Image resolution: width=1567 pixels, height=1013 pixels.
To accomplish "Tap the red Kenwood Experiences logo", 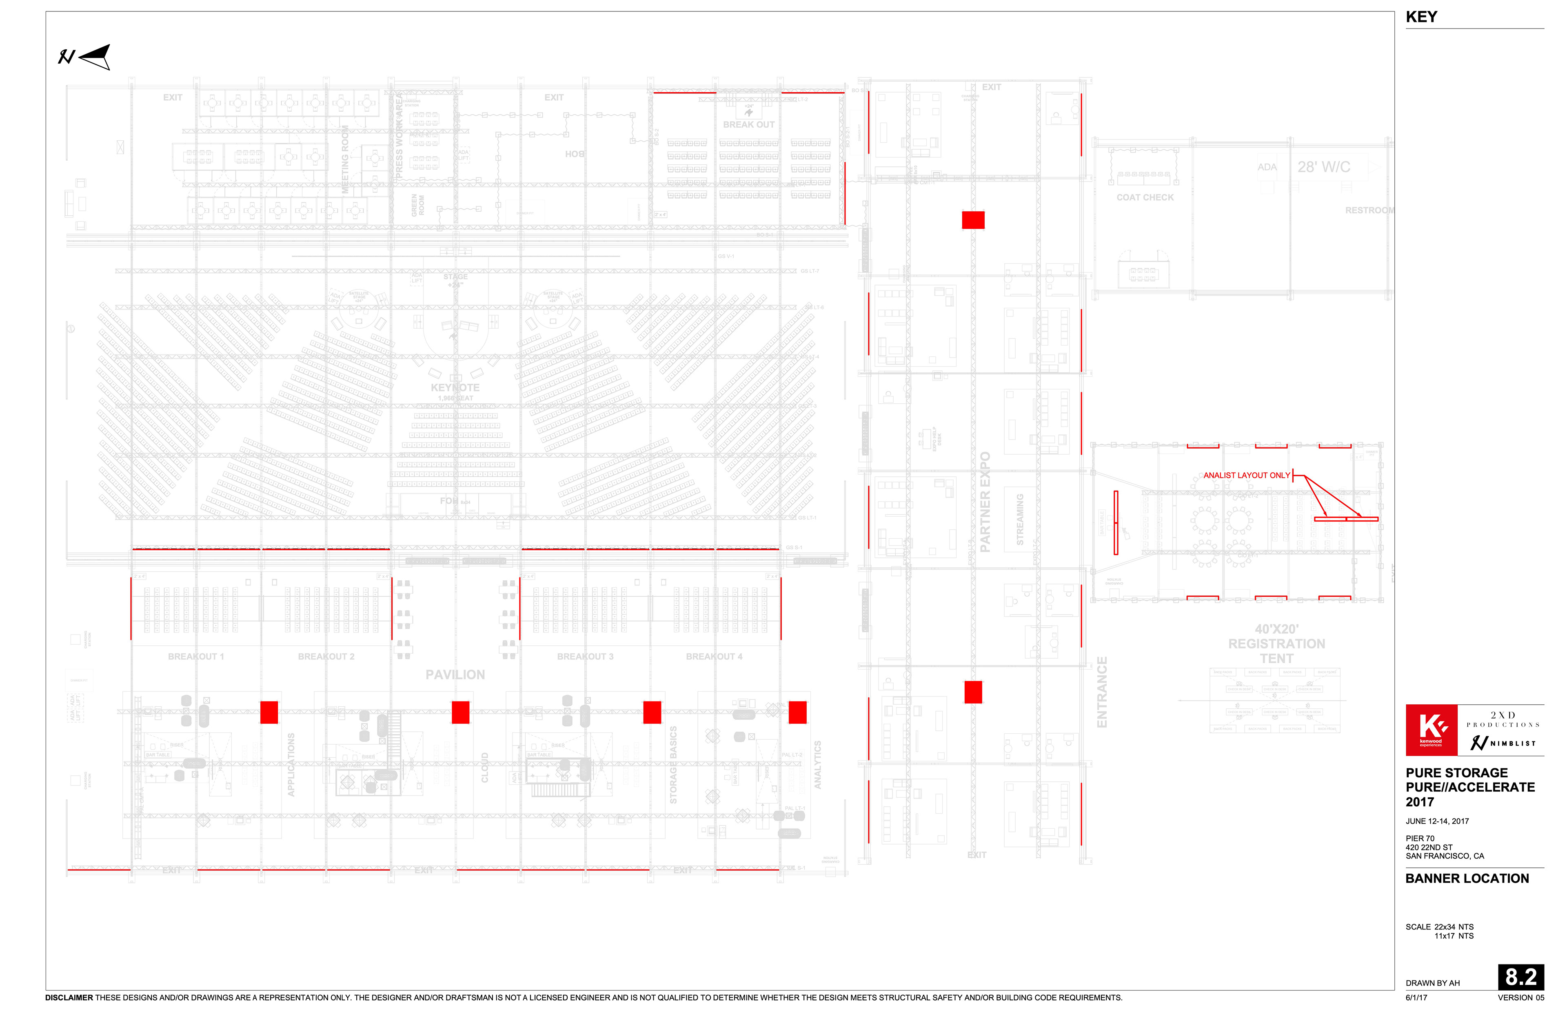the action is tap(1430, 730).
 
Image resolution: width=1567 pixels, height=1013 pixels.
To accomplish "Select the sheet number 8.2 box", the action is tap(1520, 977).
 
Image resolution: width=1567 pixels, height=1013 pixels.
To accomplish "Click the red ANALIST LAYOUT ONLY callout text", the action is tap(1246, 475).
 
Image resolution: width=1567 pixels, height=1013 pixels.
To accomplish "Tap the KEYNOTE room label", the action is tap(455, 388).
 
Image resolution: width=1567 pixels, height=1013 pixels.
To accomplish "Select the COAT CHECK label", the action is tap(1145, 197).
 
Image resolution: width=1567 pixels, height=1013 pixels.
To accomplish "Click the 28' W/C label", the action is tap(1323, 167).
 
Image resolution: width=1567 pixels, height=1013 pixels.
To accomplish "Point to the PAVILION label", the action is tap(455, 675).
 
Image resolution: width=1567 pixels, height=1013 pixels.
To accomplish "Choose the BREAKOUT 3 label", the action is tap(584, 657).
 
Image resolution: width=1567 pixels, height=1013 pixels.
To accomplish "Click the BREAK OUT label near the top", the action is tap(748, 124).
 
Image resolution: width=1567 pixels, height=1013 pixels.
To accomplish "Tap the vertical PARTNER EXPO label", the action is tap(985, 501).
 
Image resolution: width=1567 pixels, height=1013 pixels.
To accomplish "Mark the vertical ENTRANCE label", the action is tap(1102, 692).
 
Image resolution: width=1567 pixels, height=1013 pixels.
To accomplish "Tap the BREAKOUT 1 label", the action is tap(195, 657).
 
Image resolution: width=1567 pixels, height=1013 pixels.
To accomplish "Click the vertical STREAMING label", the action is tap(1019, 519).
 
